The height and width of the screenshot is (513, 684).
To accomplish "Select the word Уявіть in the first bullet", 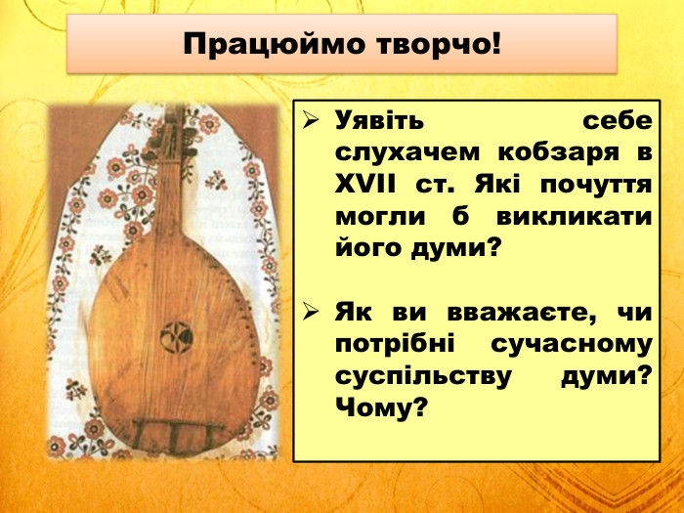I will click(380, 122).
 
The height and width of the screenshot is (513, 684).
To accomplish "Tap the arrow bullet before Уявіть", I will click(311, 122).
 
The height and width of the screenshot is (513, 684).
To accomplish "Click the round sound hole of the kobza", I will click(176, 335).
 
